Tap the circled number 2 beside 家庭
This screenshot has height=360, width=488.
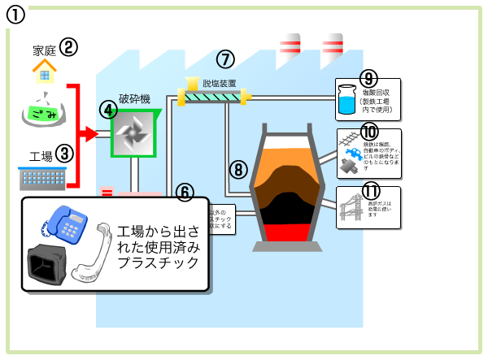point(69,47)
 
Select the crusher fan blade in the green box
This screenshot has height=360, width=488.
point(134,132)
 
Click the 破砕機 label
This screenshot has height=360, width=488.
point(134,99)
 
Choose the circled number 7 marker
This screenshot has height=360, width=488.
point(225,59)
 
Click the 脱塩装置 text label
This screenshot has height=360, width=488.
point(220,83)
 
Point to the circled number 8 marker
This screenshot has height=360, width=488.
point(237,169)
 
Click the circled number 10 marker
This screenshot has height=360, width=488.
point(369,132)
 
